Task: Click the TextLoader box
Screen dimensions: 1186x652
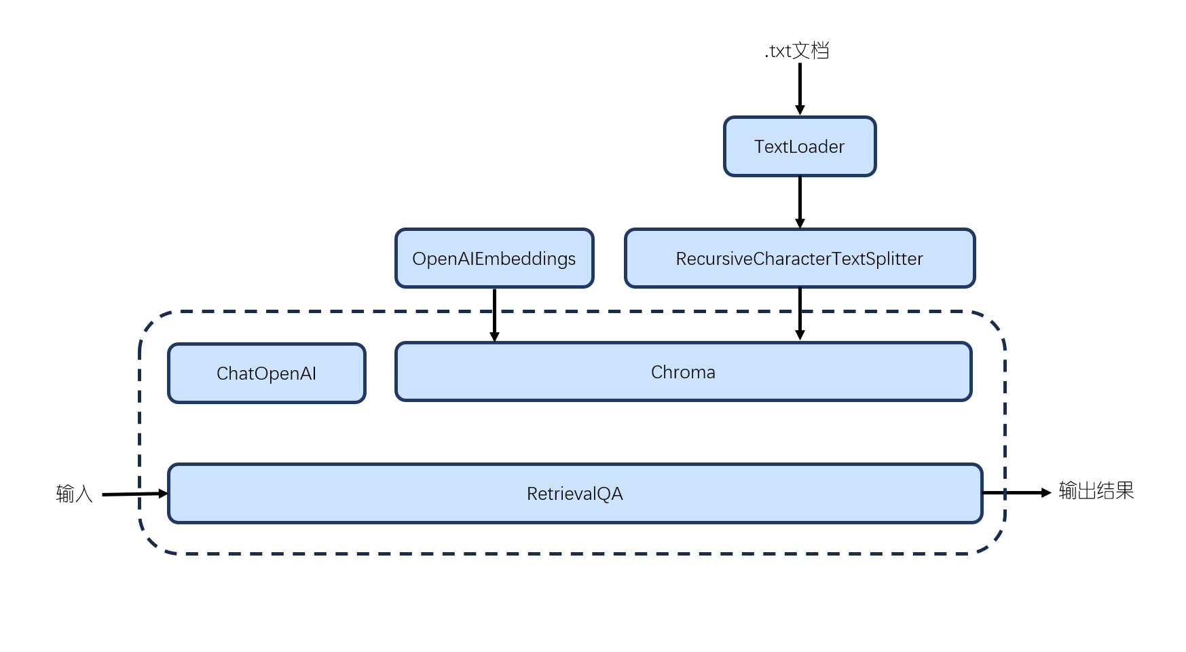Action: point(800,147)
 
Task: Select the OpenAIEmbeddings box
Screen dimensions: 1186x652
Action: point(494,258)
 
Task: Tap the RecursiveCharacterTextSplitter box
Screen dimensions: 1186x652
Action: point(800,258)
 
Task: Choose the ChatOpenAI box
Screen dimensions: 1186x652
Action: point(267,374)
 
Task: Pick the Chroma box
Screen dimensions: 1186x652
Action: point(684,372)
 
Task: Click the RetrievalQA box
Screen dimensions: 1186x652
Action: point(575,494)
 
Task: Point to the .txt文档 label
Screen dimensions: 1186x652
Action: point(796,51)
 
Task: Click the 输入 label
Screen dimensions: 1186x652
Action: point(74,494)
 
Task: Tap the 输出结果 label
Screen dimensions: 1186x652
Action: point(1096,491)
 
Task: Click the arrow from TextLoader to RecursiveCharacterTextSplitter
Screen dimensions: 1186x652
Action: point(800,202)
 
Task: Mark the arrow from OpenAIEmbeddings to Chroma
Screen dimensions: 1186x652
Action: point(494,314)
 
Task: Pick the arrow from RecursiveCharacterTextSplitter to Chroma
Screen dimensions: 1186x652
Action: point(800,314)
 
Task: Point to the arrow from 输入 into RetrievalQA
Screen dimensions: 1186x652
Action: point(135,494)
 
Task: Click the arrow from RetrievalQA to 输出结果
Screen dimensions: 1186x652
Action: point(1017,492)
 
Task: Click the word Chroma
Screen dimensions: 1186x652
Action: point(683,372)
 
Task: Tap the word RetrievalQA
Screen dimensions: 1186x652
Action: point(575,494)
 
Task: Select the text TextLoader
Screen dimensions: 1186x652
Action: point(800,147)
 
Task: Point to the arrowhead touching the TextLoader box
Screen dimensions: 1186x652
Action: point(800,110)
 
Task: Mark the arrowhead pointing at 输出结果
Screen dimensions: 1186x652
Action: point(1046,492)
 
